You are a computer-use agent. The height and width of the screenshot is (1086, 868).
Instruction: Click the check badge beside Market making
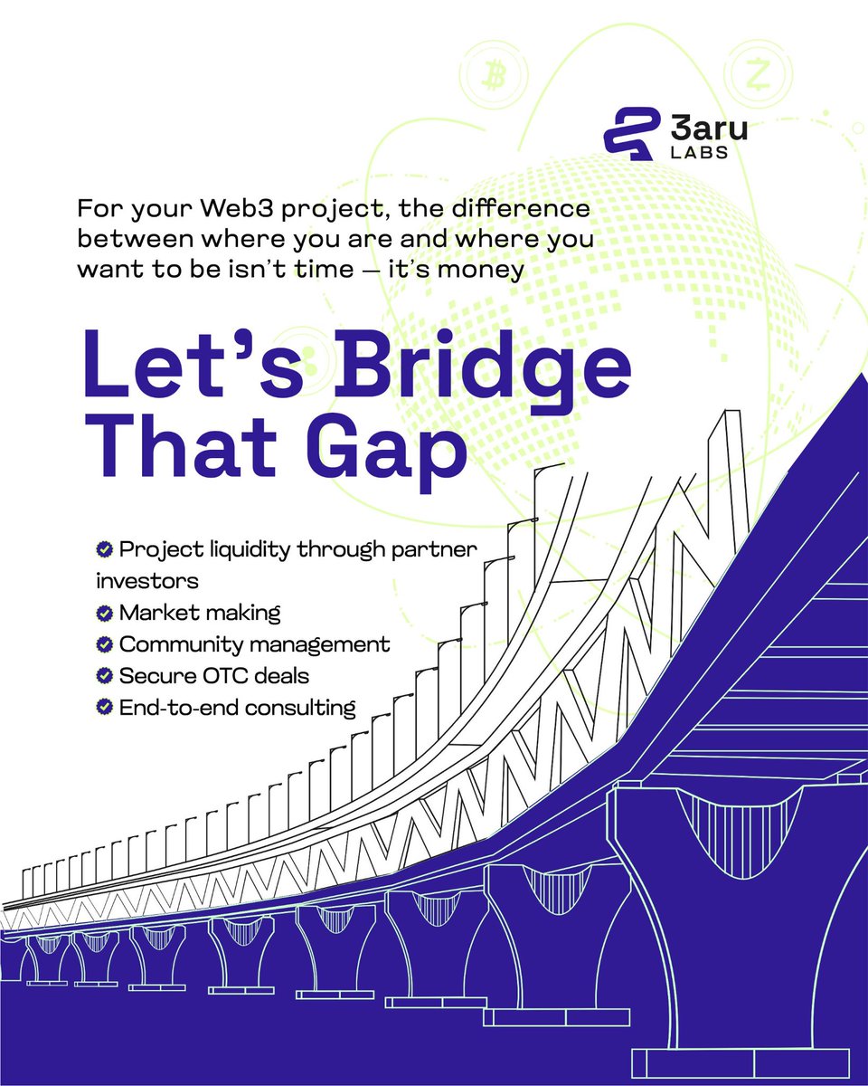pos(104,614)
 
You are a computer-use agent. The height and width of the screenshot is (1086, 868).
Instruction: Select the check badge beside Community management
pos(104,645)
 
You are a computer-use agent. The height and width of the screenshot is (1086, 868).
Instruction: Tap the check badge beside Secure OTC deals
pos(104,676)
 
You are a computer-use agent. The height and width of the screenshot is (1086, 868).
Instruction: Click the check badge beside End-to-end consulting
pos(104,708)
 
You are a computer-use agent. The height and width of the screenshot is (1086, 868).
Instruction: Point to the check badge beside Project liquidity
pos(104,549)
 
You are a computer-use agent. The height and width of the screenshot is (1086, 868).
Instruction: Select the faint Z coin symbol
pos(757,79)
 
